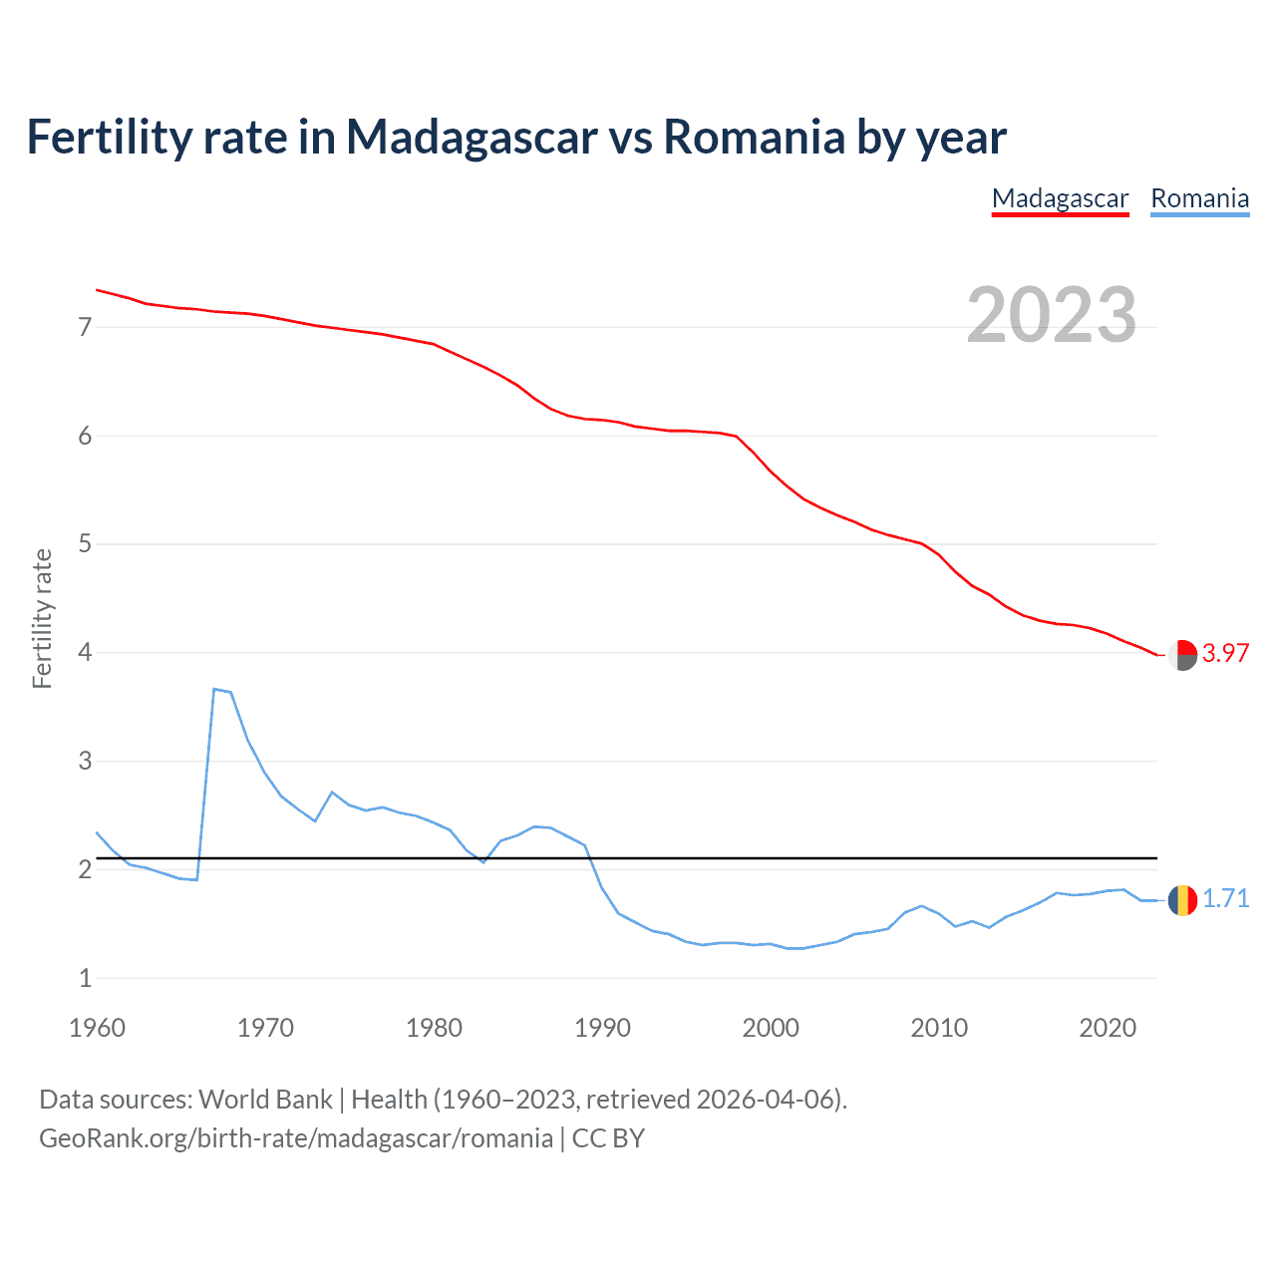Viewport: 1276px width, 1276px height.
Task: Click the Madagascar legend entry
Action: [x=1060, y=199]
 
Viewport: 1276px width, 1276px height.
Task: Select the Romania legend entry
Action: [x=1199, y=199]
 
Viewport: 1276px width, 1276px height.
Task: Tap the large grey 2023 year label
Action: [x=1052, y=315]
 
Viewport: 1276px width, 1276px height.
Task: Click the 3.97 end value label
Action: [x=1225, y=654]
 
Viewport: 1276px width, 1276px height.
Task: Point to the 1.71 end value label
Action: [x=1225, y=899]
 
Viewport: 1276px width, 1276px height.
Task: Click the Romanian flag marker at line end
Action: [x=1182, y=900]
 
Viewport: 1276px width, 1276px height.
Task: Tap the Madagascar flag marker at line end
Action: [x=1182, y=655]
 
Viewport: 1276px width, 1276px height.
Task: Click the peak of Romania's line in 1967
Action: [x=214, y=689]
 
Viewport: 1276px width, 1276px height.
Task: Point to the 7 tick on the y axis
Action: [x=85, y=327]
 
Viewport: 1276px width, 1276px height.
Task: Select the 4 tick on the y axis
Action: [x=85, y=653]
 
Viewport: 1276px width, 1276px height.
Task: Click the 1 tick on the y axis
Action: [x=85, y=979]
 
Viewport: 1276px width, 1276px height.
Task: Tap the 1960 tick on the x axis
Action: [x=97, y=1028]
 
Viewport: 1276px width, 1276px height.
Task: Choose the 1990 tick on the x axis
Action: [x=602, y=1028]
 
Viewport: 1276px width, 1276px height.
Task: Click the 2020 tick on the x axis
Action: [x=1108, y=1028]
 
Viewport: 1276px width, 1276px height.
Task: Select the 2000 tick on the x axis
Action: [x=771, y=1028]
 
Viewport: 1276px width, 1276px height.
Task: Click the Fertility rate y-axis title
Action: [x=42, y=618]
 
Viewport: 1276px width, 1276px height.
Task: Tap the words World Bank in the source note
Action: [x=265, y=1100]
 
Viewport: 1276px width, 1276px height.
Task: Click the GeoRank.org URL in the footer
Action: [x=295, y=1138]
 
